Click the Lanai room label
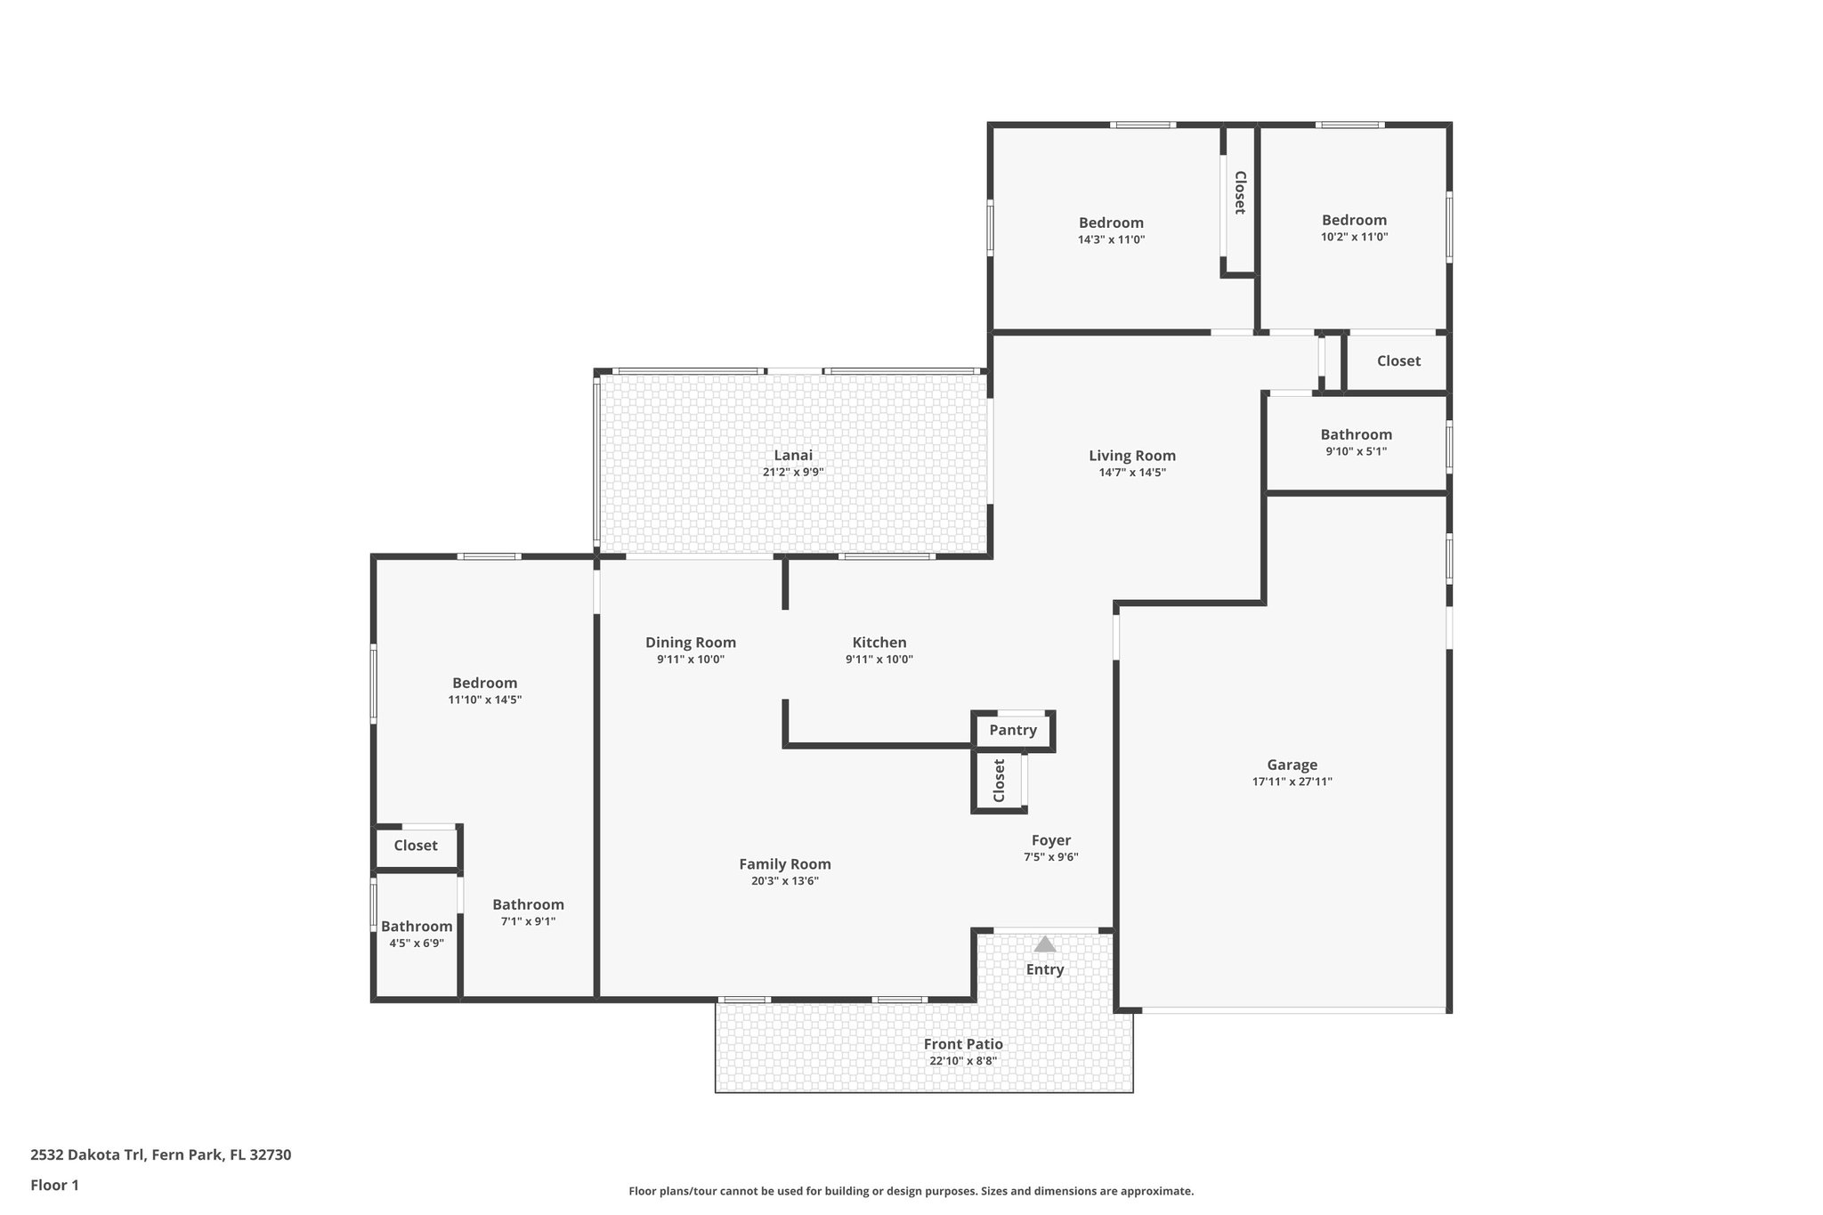(x=792, y=456)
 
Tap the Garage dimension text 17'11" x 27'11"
(x=1292, y=782)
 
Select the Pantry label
(x=1013, y=731)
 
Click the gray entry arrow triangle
(x=1045, y=944)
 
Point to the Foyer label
(x=1050, y=840)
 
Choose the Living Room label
(x=1132, y=456)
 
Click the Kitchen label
(x=879, y=643)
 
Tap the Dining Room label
(x=691, y=643)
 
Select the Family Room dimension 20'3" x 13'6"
(x=784, y=881)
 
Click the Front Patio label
(x=963, y=1044)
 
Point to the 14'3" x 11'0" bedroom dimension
(x=1111, y=239)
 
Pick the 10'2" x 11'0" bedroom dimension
(x=1354, y=237)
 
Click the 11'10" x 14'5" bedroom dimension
(x=484, y=700)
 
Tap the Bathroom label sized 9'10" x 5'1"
(x=1356, y=434)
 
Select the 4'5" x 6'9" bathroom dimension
(x=417, y=944)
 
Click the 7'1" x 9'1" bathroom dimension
(x=528, y=921)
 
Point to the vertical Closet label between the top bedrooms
(x=1239, y=192)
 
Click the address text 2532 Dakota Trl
(x=87, y=1155)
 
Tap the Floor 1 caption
(x=54, y=1185)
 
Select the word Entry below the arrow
(x=1045, y=969)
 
